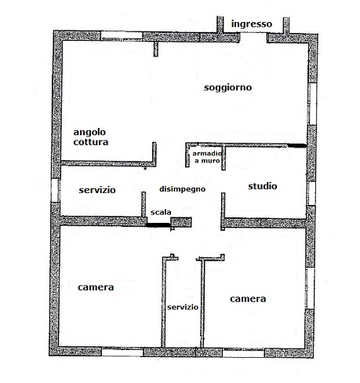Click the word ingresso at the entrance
(x=252, y=24)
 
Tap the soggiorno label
(x=227, y=88)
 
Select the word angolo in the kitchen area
(x=89, y=133)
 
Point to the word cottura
(x=91, y=142)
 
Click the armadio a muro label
(x=207, y=157)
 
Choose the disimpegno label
(x=183, y=189)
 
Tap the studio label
(x=263, y=186)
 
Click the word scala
(x=161, y=212)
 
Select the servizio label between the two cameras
(x=183, y=307)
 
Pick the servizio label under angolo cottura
(x=97, y=190)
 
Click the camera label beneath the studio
(x=248, y=299)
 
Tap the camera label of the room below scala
(x=96, y=287)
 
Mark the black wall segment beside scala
(x=158, y=224)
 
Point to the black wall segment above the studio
(x=296, y=145)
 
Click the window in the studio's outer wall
(x=311, y=193)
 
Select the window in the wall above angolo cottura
(x=122, y=35)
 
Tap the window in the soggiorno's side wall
(x=311, y=104)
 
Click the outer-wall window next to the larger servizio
(x=56, y=190)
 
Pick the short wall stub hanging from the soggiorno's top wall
(x=156, y=49)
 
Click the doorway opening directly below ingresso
(x=253, y=38)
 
